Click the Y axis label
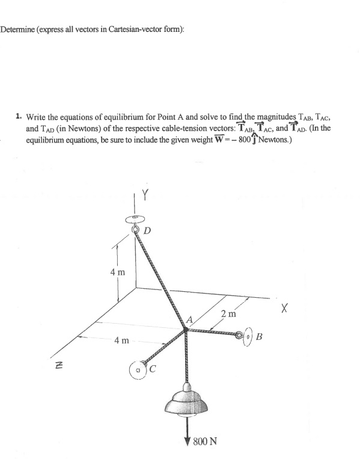pyautogui.click(x=144, y=196)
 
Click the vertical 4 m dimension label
pyautogui.click(x=118, y=273)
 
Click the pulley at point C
pyautogui.click(x=138, y=367)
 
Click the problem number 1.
pyautogui.click(x=19, y=112)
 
